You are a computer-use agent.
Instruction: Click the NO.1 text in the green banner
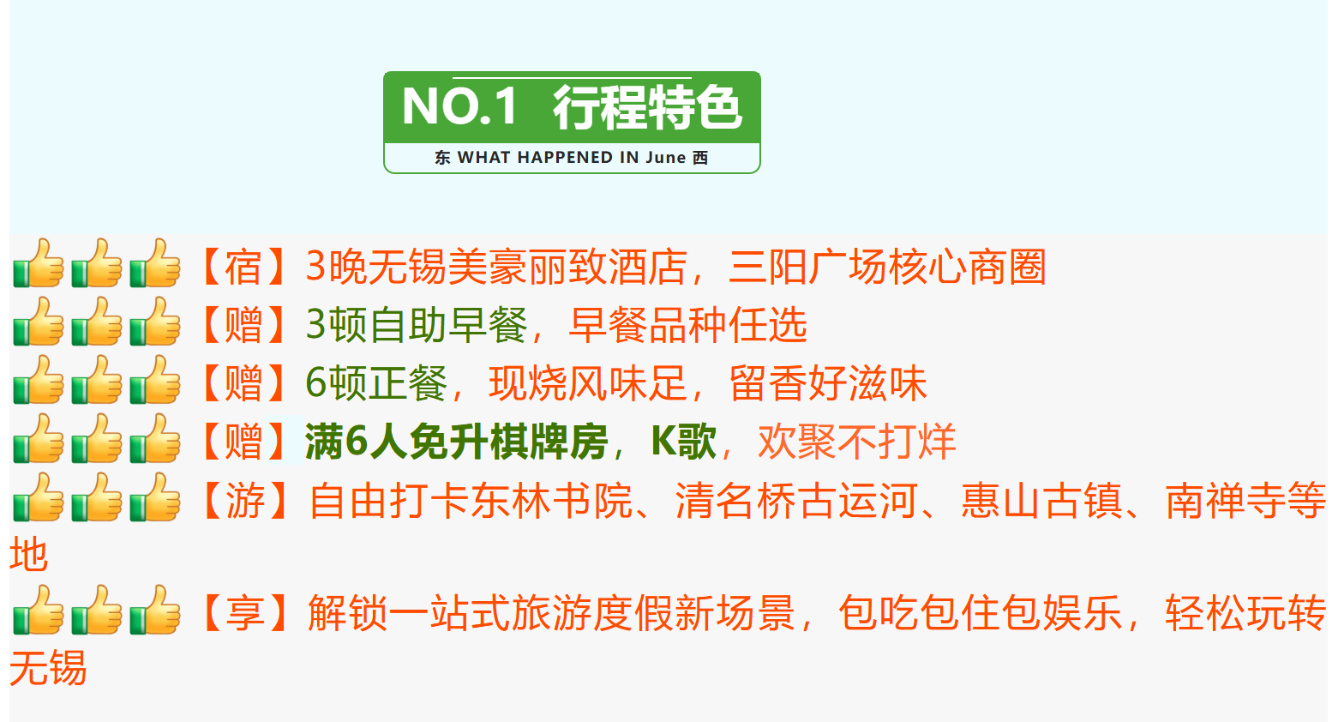coord(460,107)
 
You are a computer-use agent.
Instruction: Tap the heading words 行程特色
coord(646,107)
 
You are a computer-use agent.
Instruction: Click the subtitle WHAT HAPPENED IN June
coord(572,158)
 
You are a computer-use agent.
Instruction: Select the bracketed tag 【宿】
coord(243,267)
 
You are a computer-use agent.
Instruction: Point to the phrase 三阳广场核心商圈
coord(887,267)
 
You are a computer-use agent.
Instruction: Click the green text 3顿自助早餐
coord(417,325)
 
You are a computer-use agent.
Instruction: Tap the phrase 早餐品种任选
coord(688,325)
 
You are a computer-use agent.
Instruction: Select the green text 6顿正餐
coord(376,383)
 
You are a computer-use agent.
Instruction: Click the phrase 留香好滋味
coord(828,383)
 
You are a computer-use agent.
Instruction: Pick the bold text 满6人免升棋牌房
coord(456,442)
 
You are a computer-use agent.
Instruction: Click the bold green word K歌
coord(683,442)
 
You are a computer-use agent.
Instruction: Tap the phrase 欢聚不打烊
coord(856,442)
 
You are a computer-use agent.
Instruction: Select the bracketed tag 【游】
coord(244,500)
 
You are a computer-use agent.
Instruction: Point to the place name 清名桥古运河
coord(796,500)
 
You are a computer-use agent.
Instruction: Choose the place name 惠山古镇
coord(1041,500)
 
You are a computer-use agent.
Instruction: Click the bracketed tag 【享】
coord(244,613)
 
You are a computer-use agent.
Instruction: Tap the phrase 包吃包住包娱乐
coord(980,613)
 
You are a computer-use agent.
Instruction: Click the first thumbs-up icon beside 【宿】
coord(39,264)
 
